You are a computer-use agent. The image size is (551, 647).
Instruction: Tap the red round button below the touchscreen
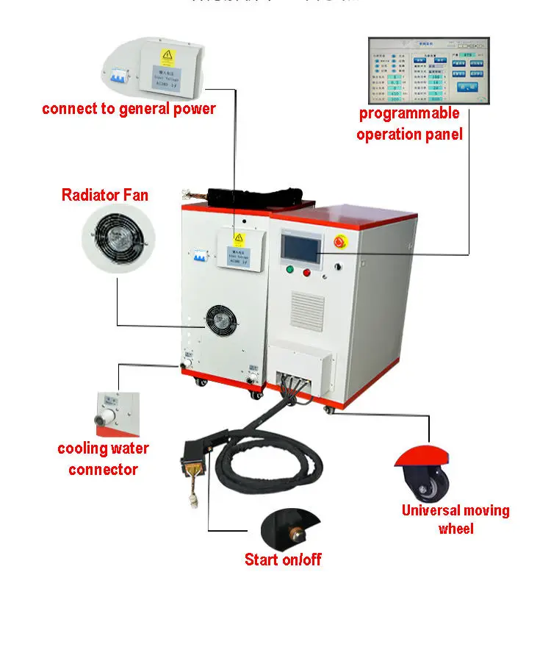[x=307, y=272]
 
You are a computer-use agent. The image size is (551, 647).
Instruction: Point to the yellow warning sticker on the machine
[x=238, y=239]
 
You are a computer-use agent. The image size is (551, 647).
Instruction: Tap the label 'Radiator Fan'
[x=104, y=195]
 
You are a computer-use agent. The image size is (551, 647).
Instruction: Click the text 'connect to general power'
[x=129, y=109]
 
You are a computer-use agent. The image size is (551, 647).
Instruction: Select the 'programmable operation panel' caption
[x=409, y=124]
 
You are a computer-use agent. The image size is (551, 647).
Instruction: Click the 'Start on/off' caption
[x=283, y=560]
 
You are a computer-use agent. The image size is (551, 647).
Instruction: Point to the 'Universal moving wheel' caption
[x=455, y=519]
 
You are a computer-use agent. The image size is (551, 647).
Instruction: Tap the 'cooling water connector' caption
[x=103, y=459]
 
